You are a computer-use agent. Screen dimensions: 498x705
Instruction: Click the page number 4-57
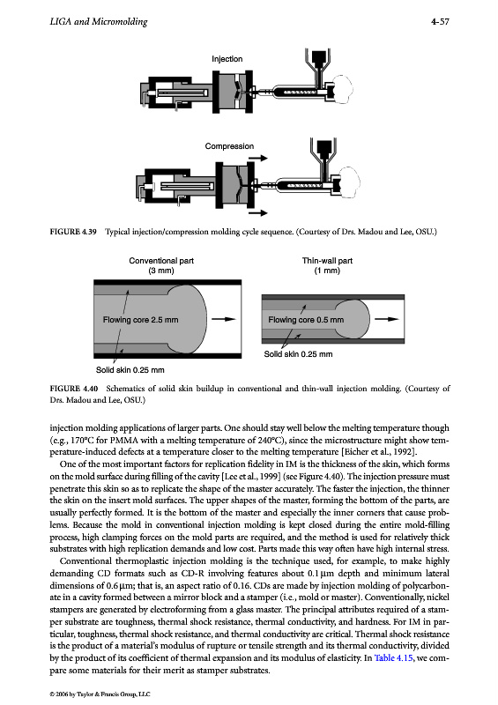point(440,21)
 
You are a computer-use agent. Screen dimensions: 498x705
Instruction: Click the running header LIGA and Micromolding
point(99,21)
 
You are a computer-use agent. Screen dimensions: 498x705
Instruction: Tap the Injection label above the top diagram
point(227,59)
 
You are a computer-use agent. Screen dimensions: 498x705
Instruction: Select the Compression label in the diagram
point(229,146)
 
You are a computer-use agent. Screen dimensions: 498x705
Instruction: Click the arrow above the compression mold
point(257,159)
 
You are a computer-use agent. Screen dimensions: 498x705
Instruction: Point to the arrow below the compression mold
point(257,212)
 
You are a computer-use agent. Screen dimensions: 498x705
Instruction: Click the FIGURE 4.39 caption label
point(73,232)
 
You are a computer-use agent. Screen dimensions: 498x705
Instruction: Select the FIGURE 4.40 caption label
point(74,389)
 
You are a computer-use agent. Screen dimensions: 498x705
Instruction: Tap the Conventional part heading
point(161,261)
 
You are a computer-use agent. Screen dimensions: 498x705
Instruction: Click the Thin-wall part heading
point(327,261)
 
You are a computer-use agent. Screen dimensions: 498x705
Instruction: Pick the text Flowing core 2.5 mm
point(140,320)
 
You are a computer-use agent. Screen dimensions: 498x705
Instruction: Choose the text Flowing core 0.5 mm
point(306,320)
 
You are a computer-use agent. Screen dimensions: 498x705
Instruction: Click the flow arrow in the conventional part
point(224,319)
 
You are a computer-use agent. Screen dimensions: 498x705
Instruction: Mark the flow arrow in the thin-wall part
point(386,319)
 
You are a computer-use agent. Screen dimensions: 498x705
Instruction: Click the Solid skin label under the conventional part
point(130,370)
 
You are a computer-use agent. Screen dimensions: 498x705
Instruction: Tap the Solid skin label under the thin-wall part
point(298,354)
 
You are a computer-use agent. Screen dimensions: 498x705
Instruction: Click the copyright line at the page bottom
point(100,694)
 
